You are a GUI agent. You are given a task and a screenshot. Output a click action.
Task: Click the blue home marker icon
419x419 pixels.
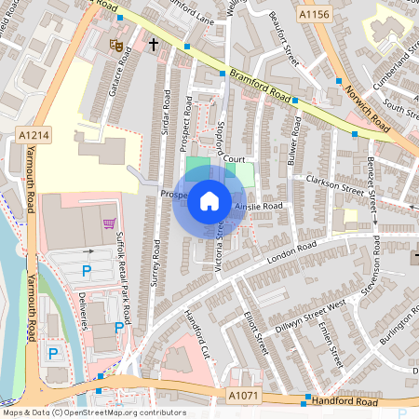(x=209, y=201)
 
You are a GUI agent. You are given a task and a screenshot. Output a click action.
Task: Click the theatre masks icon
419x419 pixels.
(x=117, y=44)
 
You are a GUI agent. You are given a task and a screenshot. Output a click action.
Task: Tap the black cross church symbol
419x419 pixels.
(x=152, y=44)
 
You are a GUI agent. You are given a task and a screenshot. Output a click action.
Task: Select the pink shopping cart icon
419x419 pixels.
(x=111, y=223)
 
